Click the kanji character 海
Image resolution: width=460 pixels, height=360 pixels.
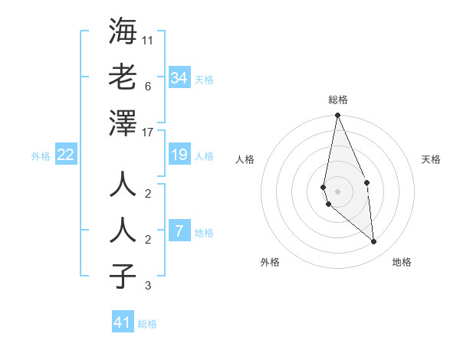123,32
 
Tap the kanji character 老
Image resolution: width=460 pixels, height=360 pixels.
123,77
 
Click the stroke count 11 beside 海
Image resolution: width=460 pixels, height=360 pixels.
148,40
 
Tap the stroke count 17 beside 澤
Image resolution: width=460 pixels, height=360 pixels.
148,133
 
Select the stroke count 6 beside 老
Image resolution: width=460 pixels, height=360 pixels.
148,86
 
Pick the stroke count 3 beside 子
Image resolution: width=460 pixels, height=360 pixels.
148,286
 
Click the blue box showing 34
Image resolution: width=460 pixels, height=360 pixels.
179,78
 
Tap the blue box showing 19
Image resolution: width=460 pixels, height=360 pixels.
179,155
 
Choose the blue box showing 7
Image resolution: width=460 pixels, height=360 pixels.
179,231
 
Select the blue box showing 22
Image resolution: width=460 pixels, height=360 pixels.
66,155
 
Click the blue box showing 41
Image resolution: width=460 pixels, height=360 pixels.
123,322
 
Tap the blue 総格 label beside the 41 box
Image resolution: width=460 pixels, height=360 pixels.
147,324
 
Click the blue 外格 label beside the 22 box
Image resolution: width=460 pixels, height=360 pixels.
41,156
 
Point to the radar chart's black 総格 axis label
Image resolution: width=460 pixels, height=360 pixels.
337,100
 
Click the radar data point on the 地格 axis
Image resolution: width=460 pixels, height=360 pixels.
373,242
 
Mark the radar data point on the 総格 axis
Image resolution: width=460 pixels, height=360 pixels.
337,116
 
